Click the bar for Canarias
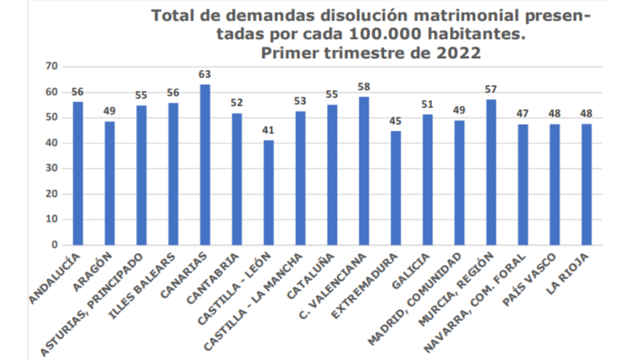point(205,164)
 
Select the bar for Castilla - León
point(268,192)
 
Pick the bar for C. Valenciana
point(364,171)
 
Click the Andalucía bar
point(78,173)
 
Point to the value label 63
point(205,74)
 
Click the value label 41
point(268,130)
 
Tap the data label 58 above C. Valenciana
point(364,86)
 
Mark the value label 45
point(396,120)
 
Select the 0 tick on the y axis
point(55,245)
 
